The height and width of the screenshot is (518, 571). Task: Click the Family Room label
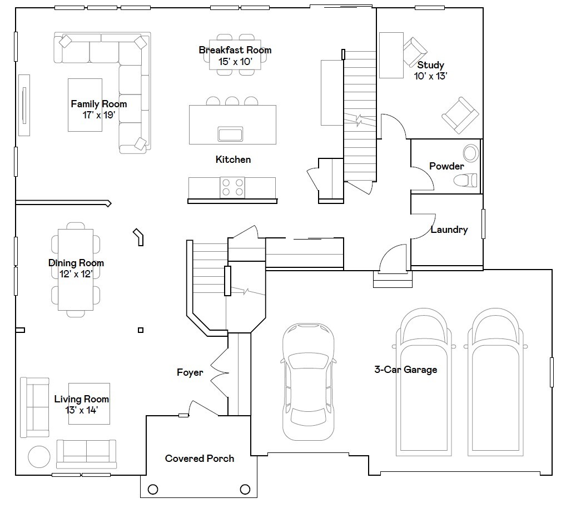point(98,104)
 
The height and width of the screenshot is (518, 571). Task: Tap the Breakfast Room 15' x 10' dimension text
point(235,62)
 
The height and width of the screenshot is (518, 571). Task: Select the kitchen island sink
point(230,134)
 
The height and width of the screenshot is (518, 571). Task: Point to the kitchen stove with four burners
point(232,187)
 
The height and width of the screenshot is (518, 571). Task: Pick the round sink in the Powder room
point(471,153)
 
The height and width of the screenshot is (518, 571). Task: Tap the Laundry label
point(449,230)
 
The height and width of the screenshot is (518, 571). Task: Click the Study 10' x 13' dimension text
point(430,76)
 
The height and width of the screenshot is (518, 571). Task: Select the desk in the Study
point(391,55)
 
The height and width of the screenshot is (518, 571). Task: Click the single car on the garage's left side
point(309,382)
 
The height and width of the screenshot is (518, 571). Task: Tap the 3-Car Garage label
point(405,370)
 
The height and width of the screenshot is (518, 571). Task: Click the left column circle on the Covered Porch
point(153,490)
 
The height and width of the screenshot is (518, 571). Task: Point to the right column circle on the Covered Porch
point(245,489)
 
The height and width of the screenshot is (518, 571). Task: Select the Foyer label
point(190,372)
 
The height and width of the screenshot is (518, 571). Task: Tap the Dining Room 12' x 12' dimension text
point(76,274)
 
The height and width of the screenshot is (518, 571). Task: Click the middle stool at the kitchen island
point(232,101)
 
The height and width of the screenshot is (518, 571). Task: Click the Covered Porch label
point(199,459)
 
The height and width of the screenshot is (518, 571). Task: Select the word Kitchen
point(233,160)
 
